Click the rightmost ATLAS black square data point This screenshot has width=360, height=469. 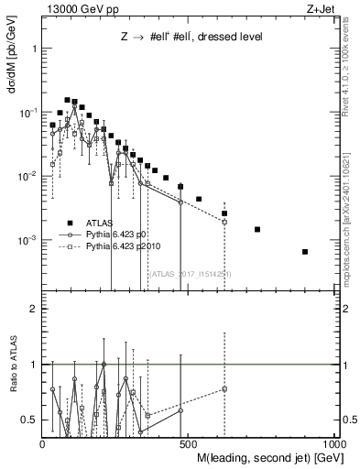(x=304, y=252)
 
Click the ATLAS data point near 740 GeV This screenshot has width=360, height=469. (x=257, y=229)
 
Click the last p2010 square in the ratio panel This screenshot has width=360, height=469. (x=224, y=389)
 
